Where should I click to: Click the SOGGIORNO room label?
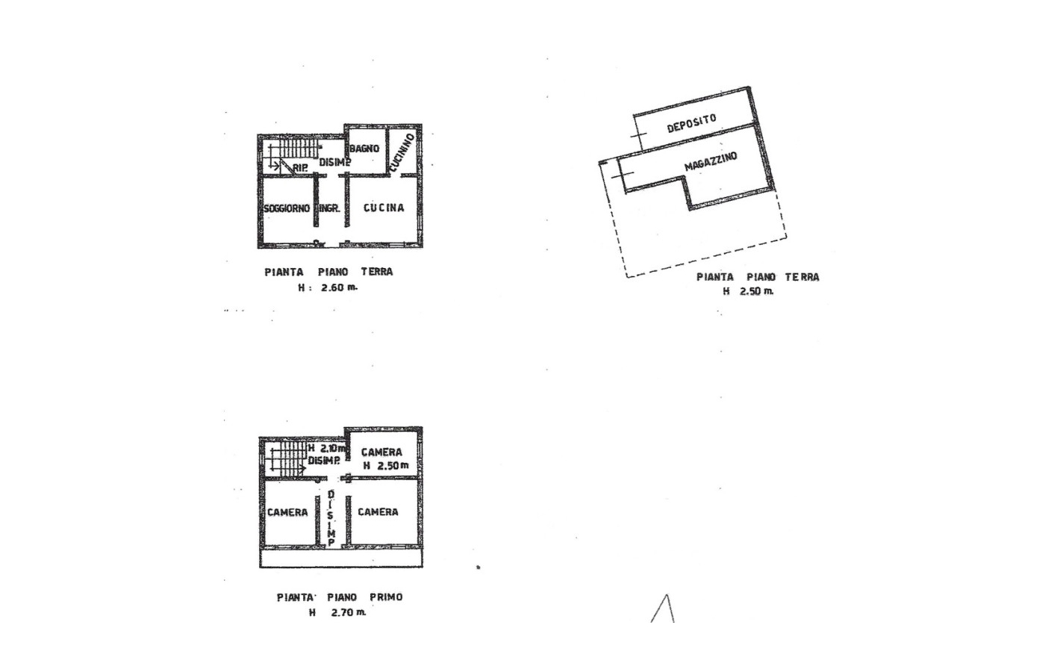click(287, 208)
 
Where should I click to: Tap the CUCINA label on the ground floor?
click(384, 208)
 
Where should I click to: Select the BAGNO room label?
click(364, 149)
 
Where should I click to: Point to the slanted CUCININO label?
click(402, 152)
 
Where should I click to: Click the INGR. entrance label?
click(330, 208)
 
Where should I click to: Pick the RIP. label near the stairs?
click(300, 167)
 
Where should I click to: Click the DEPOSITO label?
click(691, 123)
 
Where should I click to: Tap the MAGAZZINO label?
click(711, 161)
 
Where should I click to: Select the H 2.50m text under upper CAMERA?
click(386, 466)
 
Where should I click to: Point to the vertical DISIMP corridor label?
click(331, 519)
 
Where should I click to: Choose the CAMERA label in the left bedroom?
click(287, 512)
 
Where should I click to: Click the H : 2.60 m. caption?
click(328, 287)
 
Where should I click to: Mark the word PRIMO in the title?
click(386, 597)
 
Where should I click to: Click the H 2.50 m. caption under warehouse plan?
click(748, 291)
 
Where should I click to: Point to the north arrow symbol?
click(664, 609)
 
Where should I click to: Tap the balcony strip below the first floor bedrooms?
click(340, 559)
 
